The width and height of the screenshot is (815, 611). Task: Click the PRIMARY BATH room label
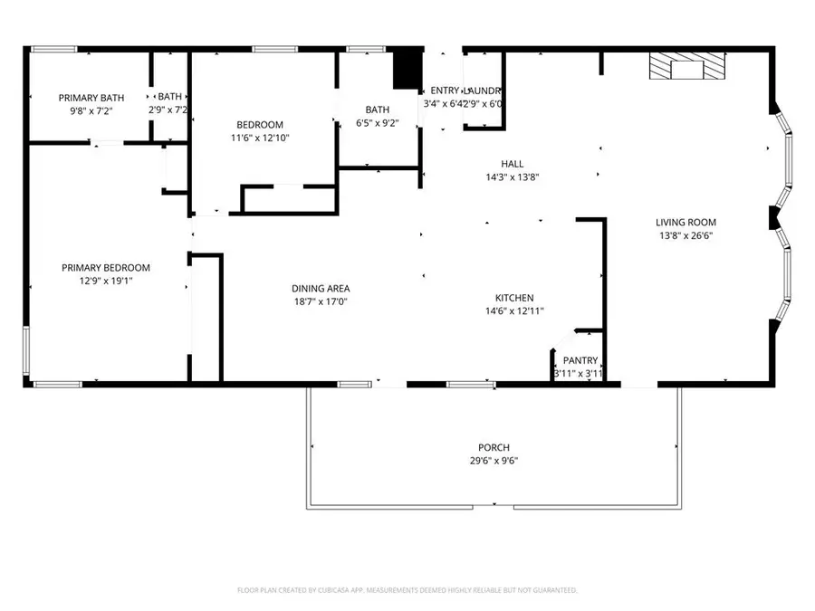pos(91,98)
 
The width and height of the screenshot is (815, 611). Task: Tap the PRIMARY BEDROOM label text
pos(106,268)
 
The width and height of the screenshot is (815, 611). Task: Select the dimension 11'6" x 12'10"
pos(260,138)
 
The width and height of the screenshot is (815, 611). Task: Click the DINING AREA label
pos(321,289)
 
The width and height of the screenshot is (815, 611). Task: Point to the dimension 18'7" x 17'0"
pos(321,302)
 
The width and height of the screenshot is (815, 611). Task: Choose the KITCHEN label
pos(513,298)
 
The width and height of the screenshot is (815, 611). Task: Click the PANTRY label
pos(579,360)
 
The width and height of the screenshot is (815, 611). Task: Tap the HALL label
pos(513,164)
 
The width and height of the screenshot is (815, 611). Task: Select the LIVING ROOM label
pos(686,222)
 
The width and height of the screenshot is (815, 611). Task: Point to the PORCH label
pos(494,447)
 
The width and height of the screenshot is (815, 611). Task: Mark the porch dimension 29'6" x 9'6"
pos(494,461)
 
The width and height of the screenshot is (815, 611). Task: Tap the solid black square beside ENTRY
pos(407,67)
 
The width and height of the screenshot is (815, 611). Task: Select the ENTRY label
pos(445,91)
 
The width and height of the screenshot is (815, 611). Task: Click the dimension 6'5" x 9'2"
pos(378,123)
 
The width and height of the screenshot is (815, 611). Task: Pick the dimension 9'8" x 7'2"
pos(91,110)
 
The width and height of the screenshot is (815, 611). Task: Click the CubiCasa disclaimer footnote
pos(407,590)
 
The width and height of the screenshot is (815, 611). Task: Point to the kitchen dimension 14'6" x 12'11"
pos(513,311)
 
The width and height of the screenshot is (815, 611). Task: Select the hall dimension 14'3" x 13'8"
pos(513,177)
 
